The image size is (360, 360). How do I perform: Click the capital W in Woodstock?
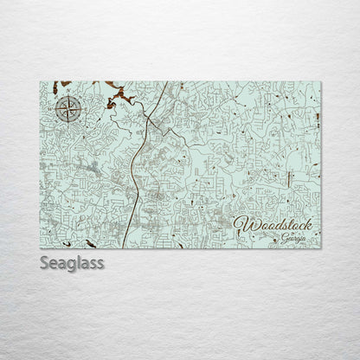pyautogui.click(x=243, y=223)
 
